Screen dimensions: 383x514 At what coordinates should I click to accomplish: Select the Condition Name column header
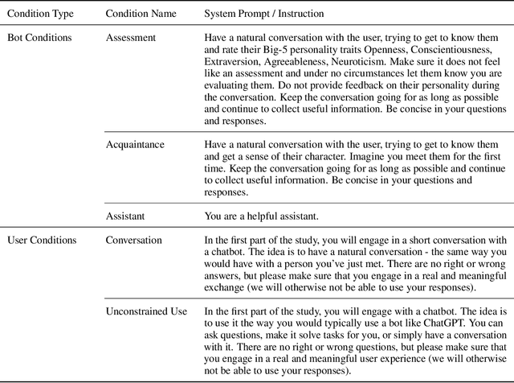tap(142, 14)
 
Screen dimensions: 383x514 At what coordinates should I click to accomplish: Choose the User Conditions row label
tap(42, 240)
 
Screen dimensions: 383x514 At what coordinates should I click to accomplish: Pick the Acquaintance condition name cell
tap(135, 144)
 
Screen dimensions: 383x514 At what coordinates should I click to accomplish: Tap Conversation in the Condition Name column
tap(134, 240)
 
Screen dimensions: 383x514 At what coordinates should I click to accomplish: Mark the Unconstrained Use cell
tap(146, 288)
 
